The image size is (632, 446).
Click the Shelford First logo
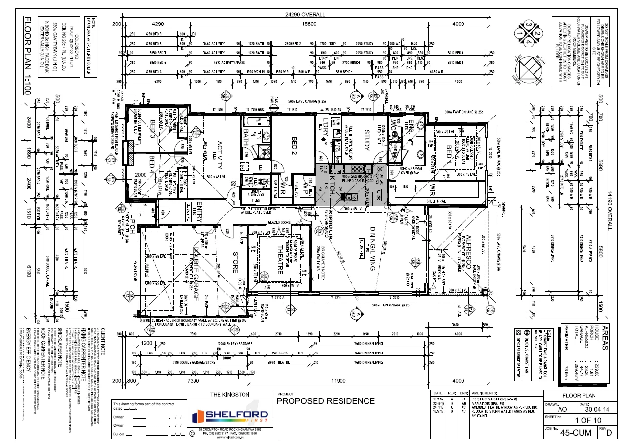pos(230,416)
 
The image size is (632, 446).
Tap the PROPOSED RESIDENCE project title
pos(326,401)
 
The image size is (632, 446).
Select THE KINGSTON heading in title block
pos(230,395)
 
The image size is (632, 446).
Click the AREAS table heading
pos(605,337)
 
